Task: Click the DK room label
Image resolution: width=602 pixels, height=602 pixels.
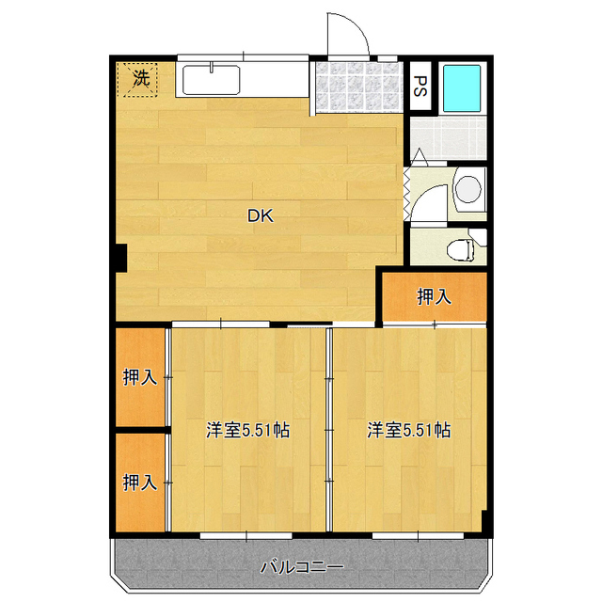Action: (x=261, y=216)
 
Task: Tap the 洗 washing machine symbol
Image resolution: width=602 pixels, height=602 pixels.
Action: (x=140, y=79)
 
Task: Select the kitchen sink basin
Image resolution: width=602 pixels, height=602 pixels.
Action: (x=211, y=80)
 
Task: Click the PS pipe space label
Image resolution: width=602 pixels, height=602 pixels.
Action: (x=420, y=86)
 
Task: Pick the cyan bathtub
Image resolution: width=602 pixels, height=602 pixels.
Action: (x=462, y=88)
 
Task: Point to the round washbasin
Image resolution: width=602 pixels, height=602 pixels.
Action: (x=468, y=189)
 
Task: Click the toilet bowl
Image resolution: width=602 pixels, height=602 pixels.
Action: (x=460, y=249)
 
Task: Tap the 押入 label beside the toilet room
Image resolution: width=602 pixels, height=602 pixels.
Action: (x=434, y=297)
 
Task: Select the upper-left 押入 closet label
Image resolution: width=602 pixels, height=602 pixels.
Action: (x=140, y=377)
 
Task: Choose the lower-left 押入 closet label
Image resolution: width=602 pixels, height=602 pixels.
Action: (x=140, y=483)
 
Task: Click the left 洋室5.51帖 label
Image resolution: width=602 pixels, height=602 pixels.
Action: (x=247, y=430)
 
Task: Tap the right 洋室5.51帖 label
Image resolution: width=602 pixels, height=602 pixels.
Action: (x=409, y=430)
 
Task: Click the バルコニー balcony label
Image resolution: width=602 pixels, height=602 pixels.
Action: (x=302, y=567)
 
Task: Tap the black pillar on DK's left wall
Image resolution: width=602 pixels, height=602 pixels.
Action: (x=121, y=258)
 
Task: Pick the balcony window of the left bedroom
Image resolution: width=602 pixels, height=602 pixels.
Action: (x=246, y=535)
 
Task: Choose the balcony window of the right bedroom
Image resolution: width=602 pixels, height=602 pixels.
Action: (x=418, y=535)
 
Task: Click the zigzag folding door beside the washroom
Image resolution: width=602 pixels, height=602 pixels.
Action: (x=407, y=194)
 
